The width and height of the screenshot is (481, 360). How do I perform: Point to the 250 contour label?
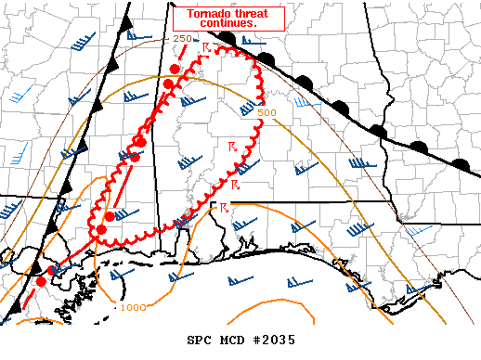tap(182, 39)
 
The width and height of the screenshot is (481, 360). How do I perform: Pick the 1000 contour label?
tap(133, 307)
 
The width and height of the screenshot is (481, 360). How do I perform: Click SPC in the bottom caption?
tap(188, 340)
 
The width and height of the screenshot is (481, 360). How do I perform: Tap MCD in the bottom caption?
tap(224, 340)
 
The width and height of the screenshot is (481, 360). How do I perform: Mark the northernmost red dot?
tap(175, 70)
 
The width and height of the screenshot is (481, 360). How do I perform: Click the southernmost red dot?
tap(41, 281)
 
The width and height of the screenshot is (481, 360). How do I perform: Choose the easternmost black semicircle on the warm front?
tap(461, 163)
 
